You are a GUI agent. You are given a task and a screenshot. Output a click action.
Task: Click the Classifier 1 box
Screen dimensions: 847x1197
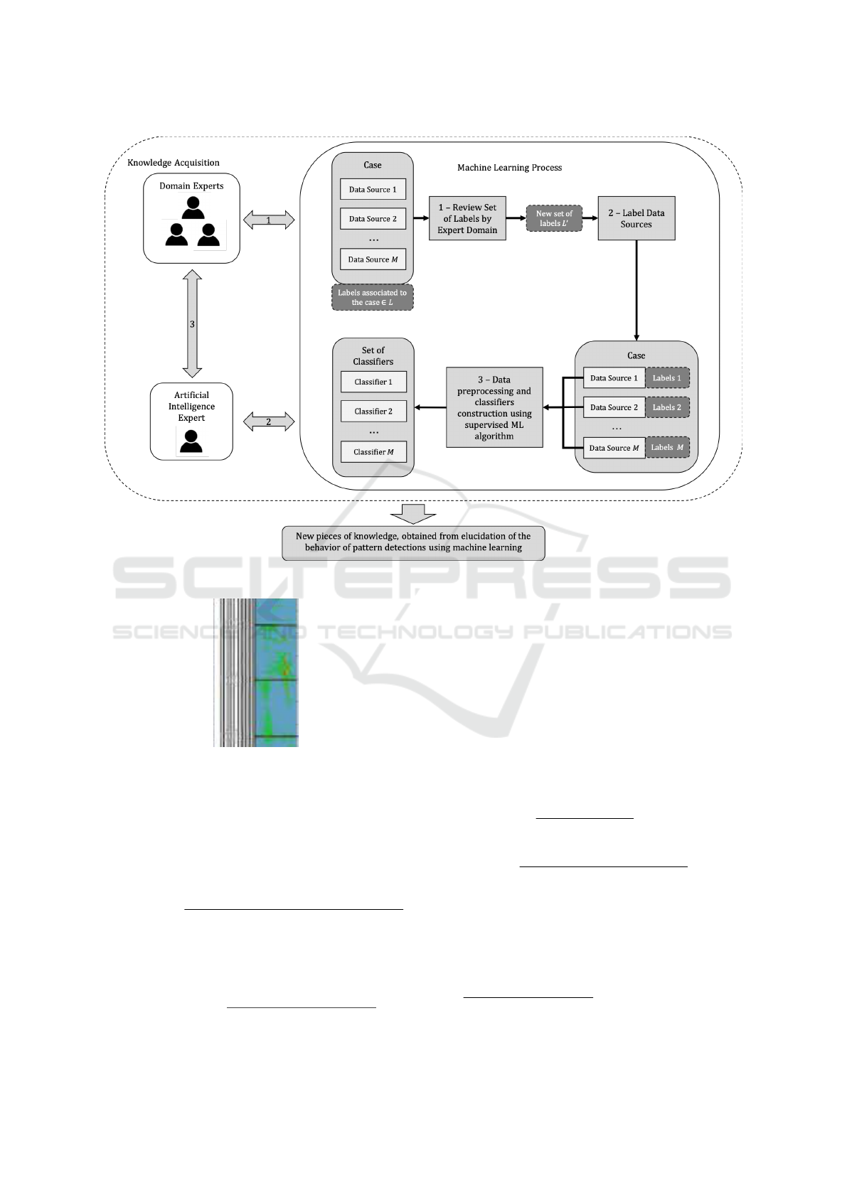point(373,382)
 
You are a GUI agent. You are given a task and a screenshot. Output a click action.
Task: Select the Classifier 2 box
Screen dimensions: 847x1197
point(373,411)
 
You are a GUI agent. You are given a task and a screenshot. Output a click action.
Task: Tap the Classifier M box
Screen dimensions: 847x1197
point(373,452)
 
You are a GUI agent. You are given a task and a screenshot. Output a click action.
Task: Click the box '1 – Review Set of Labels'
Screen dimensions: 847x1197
point(467,219)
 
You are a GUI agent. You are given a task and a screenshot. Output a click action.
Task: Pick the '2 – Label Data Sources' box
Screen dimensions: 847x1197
point(636,219)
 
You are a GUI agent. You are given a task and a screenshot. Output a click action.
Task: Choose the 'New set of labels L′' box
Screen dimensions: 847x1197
point(554,219)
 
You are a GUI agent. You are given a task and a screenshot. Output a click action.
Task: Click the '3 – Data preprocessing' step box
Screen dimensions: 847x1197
point(494,407)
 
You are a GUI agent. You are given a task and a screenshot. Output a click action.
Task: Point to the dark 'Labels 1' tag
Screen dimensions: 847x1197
point(667,378)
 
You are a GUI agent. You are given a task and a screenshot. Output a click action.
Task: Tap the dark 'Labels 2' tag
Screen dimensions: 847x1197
point(667,407)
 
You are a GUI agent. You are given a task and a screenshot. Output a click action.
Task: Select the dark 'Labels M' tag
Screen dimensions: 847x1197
point(667,448)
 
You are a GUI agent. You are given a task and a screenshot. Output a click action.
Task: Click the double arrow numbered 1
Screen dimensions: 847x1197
point(269,220)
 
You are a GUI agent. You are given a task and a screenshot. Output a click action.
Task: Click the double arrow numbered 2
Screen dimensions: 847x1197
point(269,422)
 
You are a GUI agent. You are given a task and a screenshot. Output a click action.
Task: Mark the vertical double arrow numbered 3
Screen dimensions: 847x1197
point(192,323)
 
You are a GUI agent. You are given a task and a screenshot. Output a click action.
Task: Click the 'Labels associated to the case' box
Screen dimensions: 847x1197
point(373,298)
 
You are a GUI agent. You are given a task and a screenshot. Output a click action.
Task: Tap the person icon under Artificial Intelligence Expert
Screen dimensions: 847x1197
point(191,441)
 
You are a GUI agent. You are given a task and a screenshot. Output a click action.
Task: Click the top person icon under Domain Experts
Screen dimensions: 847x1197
point(193,208)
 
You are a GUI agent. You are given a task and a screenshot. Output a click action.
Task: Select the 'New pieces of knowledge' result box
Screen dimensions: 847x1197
point(413,542)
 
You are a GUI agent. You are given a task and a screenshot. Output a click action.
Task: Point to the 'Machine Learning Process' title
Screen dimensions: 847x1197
point(509,168)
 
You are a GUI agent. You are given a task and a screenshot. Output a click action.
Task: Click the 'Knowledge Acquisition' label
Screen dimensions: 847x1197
point(174,163)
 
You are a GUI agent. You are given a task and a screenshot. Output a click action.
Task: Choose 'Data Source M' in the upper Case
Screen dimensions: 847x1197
point(373,259)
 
